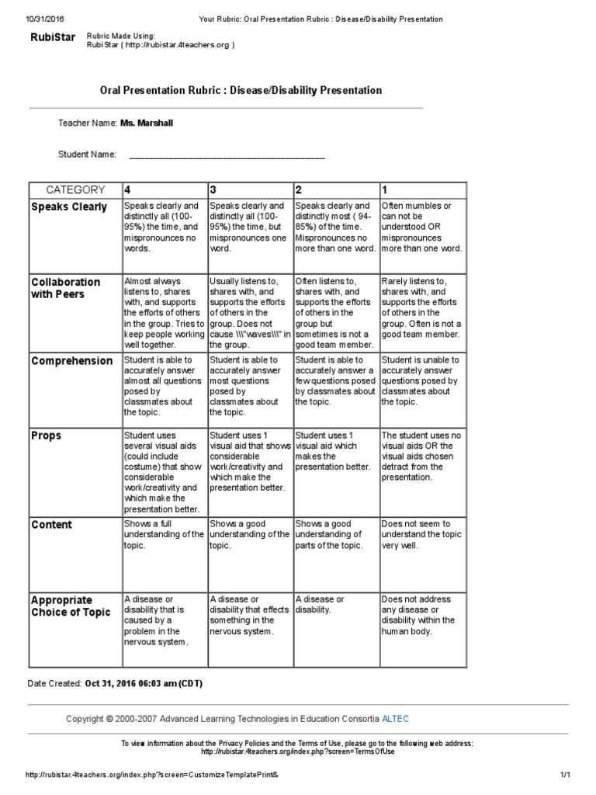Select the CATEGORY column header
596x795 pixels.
(x=75, y=189)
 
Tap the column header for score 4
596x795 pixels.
(x=127, y=189)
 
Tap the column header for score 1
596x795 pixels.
(x=385, y=189)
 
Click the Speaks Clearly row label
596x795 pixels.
(x=69, y=207)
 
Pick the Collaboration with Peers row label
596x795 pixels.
(x=66, y=288)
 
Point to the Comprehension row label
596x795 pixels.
(x=72, y=361)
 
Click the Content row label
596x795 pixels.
(x=52, y=525)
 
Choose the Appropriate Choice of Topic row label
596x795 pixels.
(x=71, y=606)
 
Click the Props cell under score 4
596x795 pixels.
(x=164, y=472)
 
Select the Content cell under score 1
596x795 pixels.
(x=421, y=535)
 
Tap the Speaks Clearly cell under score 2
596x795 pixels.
(x=335, y=227)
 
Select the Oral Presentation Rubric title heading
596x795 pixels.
(x=241, y=90)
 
